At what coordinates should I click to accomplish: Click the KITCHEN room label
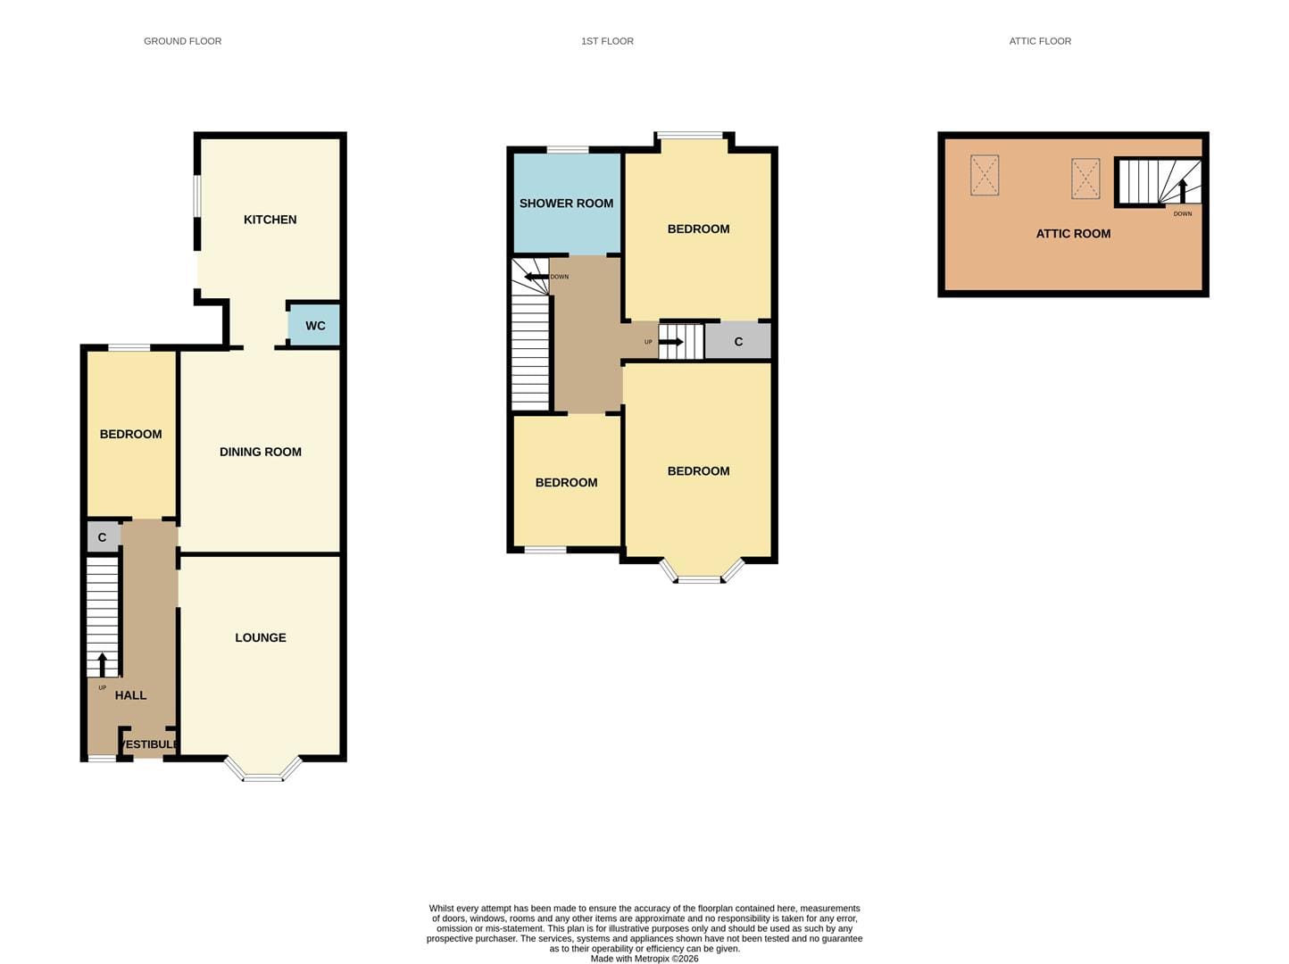[x=270, y=220]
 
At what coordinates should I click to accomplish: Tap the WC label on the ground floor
[x=315, y=326]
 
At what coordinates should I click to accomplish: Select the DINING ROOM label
[x=260, y=452]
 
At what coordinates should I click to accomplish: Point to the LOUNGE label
[x=260, y=637]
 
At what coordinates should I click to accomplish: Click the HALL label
[x=130, y=695]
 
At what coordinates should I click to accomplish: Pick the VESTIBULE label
[x=148, y=744]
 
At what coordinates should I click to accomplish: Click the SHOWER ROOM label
[x=566, y=204]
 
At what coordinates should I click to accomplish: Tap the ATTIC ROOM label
[x=1073, y=234]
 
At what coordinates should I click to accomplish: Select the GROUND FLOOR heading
[x=183, y=41]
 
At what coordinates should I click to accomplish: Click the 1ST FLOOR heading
[x=607, y=41]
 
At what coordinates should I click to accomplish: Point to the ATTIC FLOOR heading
[x=1040, y=41]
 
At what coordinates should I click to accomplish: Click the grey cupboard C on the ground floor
[x=103, y=537]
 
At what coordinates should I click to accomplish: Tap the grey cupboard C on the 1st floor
[x=737, y=341]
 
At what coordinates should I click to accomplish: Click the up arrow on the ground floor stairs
[x=102, y=665]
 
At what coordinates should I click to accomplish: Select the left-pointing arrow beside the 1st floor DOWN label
[x=536, y=277]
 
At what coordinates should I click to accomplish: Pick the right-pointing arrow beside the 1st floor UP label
[x=670, y=342]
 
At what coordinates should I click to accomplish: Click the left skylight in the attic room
[x=985, y=175]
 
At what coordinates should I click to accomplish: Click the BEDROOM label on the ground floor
[x=130, y=435]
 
